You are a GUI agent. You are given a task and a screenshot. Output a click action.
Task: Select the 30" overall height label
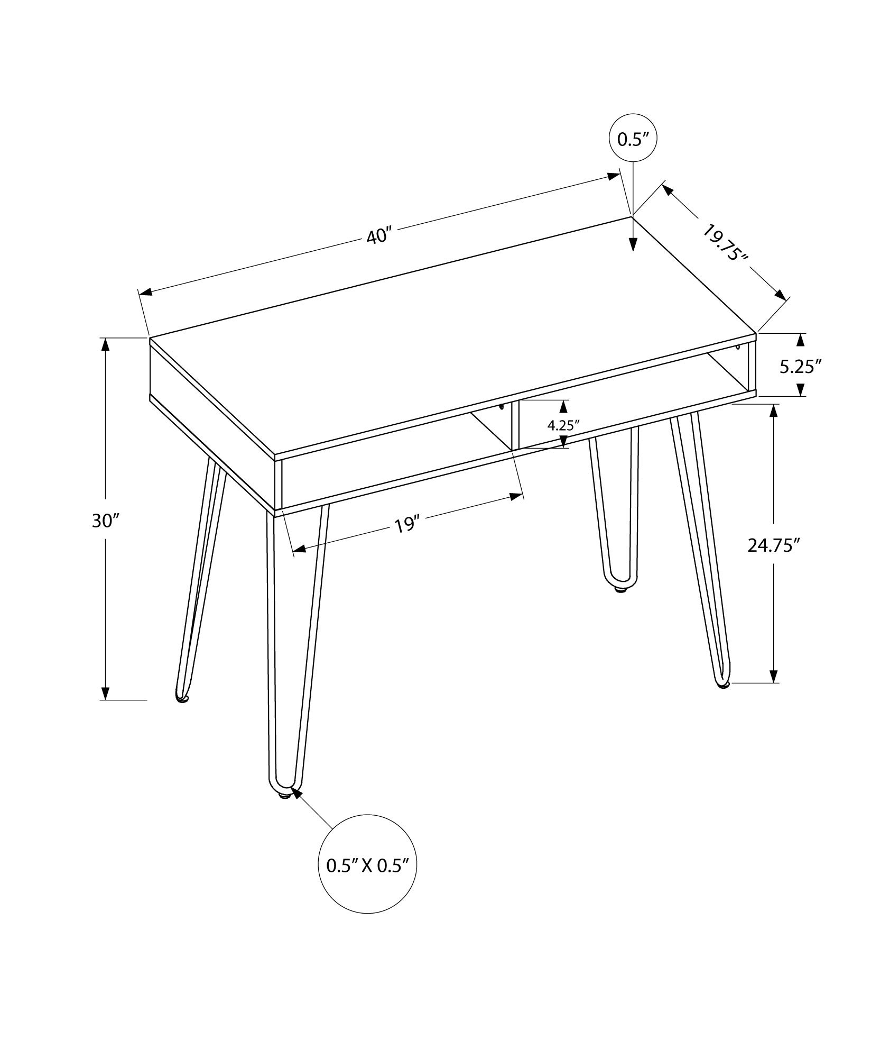point(103,521)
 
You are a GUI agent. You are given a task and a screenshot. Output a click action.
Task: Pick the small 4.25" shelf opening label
point(563,425)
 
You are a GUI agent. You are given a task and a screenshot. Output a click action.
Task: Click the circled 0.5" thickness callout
point(633,139)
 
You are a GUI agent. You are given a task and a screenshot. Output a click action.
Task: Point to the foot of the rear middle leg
point(622,589)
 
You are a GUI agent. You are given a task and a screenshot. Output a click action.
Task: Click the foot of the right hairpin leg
point(722,686)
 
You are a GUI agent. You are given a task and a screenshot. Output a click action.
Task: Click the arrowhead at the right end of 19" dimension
point(517,496)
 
